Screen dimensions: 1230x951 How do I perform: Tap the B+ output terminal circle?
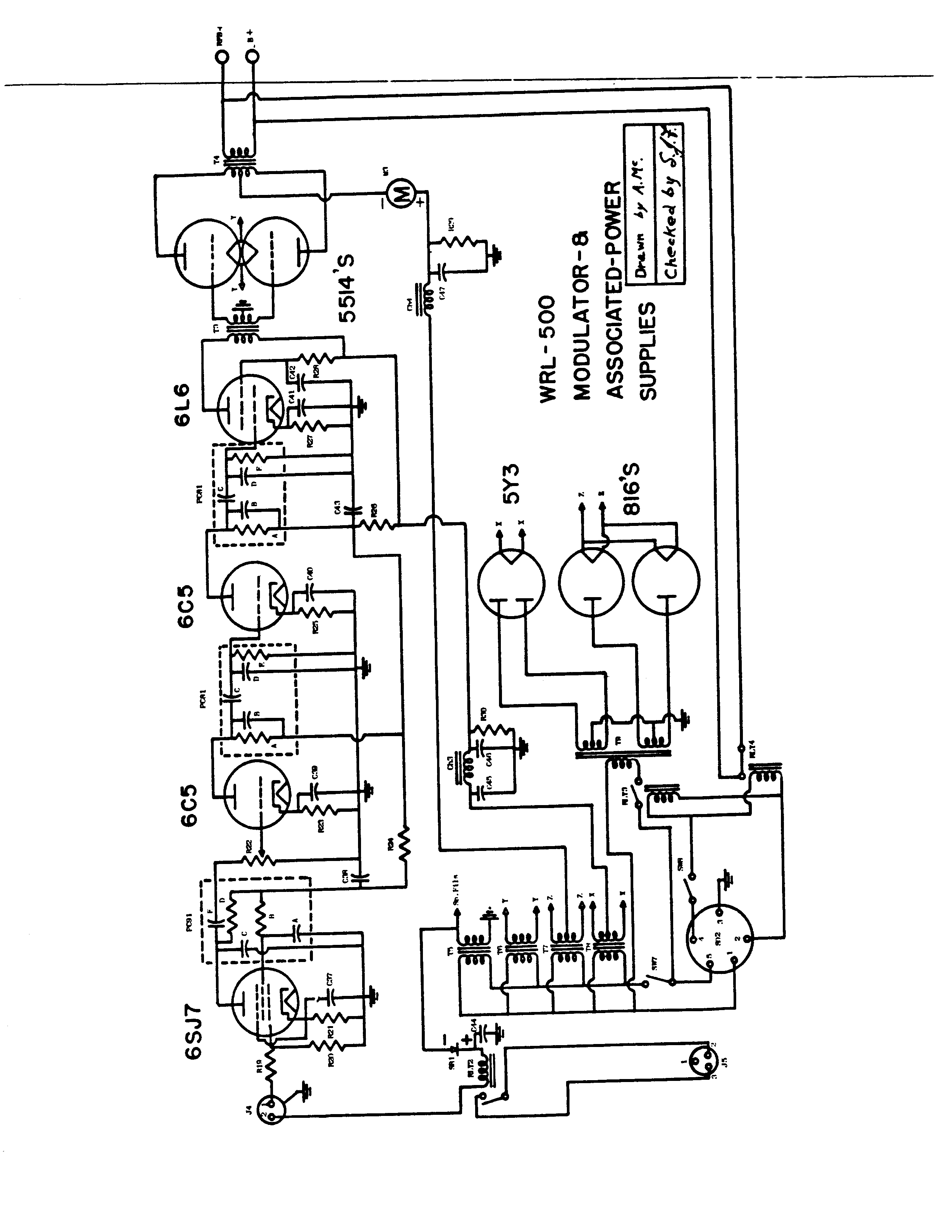click(254, 56)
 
